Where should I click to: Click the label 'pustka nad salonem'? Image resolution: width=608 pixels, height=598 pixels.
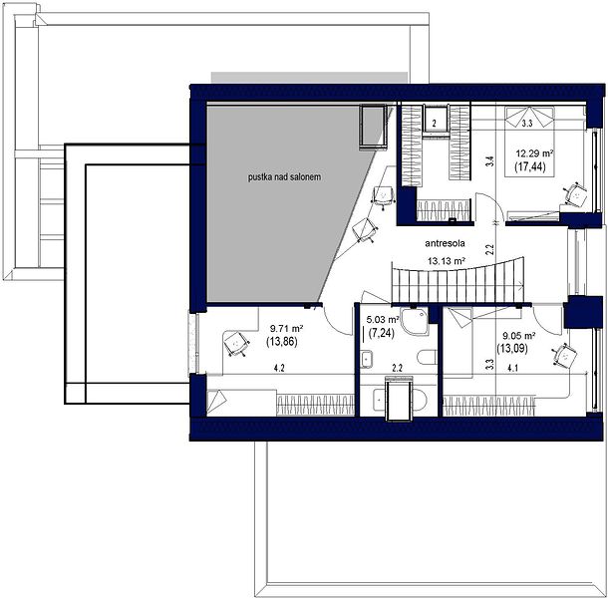point(285,177)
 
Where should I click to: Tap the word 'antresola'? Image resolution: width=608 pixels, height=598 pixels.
point(445,243)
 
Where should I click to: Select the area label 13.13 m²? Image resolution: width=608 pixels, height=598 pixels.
point(447,261)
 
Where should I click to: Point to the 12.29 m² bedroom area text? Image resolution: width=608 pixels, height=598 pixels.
point(534,153)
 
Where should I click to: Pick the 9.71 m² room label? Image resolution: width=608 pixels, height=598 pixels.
point(286,329)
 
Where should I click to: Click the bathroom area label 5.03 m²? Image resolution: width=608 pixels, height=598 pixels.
point(383,320)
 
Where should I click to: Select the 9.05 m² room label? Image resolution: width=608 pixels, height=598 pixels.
point(519,336)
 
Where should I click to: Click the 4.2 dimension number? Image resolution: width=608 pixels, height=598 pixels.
point(279,369)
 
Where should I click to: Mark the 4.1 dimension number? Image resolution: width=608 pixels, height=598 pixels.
point(512,369)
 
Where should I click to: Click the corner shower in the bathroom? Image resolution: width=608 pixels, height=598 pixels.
point(414,322)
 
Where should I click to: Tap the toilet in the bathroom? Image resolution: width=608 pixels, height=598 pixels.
point(428,357)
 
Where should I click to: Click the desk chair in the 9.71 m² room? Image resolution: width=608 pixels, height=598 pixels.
point(236,344)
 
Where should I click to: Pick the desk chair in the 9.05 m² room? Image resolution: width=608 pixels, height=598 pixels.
point(564,355)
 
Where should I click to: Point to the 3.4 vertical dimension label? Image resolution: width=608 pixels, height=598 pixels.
point(490,160)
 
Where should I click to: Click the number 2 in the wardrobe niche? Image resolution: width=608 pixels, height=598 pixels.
point(435,124)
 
